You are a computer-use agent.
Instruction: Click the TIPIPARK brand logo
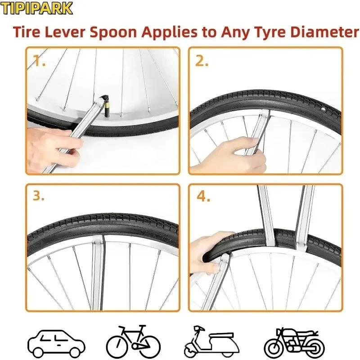pyautogui.click(x=36, y=8)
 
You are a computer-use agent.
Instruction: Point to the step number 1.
pyautogui.click(x=39, y=62)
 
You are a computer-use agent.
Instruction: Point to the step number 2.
pyautogui.click(x=202, y=62)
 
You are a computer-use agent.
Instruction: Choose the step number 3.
pyautogui.click(x=39, y=196)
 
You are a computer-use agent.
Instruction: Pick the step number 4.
pyautogui.click(x=202, y=196)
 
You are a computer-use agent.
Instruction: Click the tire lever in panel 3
pyautogui.click(x=98, y=270)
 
